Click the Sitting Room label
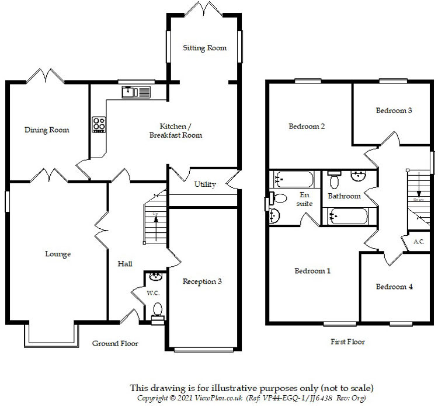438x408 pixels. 204,48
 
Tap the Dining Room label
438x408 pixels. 47,130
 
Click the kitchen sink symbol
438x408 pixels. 136,92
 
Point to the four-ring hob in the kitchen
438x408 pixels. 99,125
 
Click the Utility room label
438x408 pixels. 205,184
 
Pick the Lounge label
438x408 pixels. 58,254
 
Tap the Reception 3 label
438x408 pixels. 202,281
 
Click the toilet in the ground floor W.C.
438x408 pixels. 157,310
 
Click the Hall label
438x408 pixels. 125,264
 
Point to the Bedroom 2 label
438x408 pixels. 306,126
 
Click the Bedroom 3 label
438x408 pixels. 394,110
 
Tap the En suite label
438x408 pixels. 304,199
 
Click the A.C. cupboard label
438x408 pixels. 418,240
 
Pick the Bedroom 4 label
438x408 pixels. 394,287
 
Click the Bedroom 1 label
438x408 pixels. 312,271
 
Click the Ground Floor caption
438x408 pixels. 115,343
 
